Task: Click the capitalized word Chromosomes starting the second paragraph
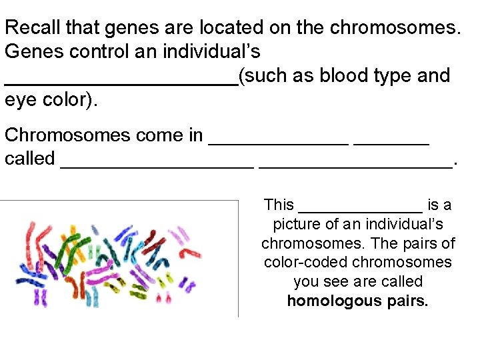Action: [x=67, y=135]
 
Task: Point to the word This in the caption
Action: [x=279, y=205]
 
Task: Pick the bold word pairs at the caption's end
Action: [x=406, y=301]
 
